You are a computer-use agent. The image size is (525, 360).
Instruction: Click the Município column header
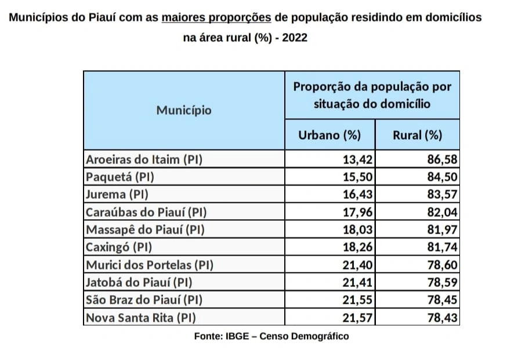(x=183, y=110)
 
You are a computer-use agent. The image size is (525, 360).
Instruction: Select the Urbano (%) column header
(x=329, y=136)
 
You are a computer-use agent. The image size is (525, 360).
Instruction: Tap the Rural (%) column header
(x=417, y=136)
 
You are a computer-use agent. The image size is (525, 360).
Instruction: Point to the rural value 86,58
(x=442, y=159)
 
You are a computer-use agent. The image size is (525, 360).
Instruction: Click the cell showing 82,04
(x=442, y=212)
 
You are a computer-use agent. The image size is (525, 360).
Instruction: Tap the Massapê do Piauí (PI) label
(x=145, y=230)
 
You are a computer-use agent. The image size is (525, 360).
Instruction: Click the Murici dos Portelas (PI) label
(x=150, y=265)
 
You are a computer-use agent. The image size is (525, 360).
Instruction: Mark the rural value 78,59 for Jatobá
(x=442, y=283)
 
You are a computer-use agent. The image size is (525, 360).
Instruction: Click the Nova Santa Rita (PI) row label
(x=140, y=318)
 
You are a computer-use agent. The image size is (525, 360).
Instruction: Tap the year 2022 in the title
(x=294, y=38)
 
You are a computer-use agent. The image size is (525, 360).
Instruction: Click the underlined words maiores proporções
(x=216, y=17)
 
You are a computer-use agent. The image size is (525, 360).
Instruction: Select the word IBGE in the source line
(x=237, y=336)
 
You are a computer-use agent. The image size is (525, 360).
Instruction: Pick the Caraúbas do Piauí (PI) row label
(x=146, y=212)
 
